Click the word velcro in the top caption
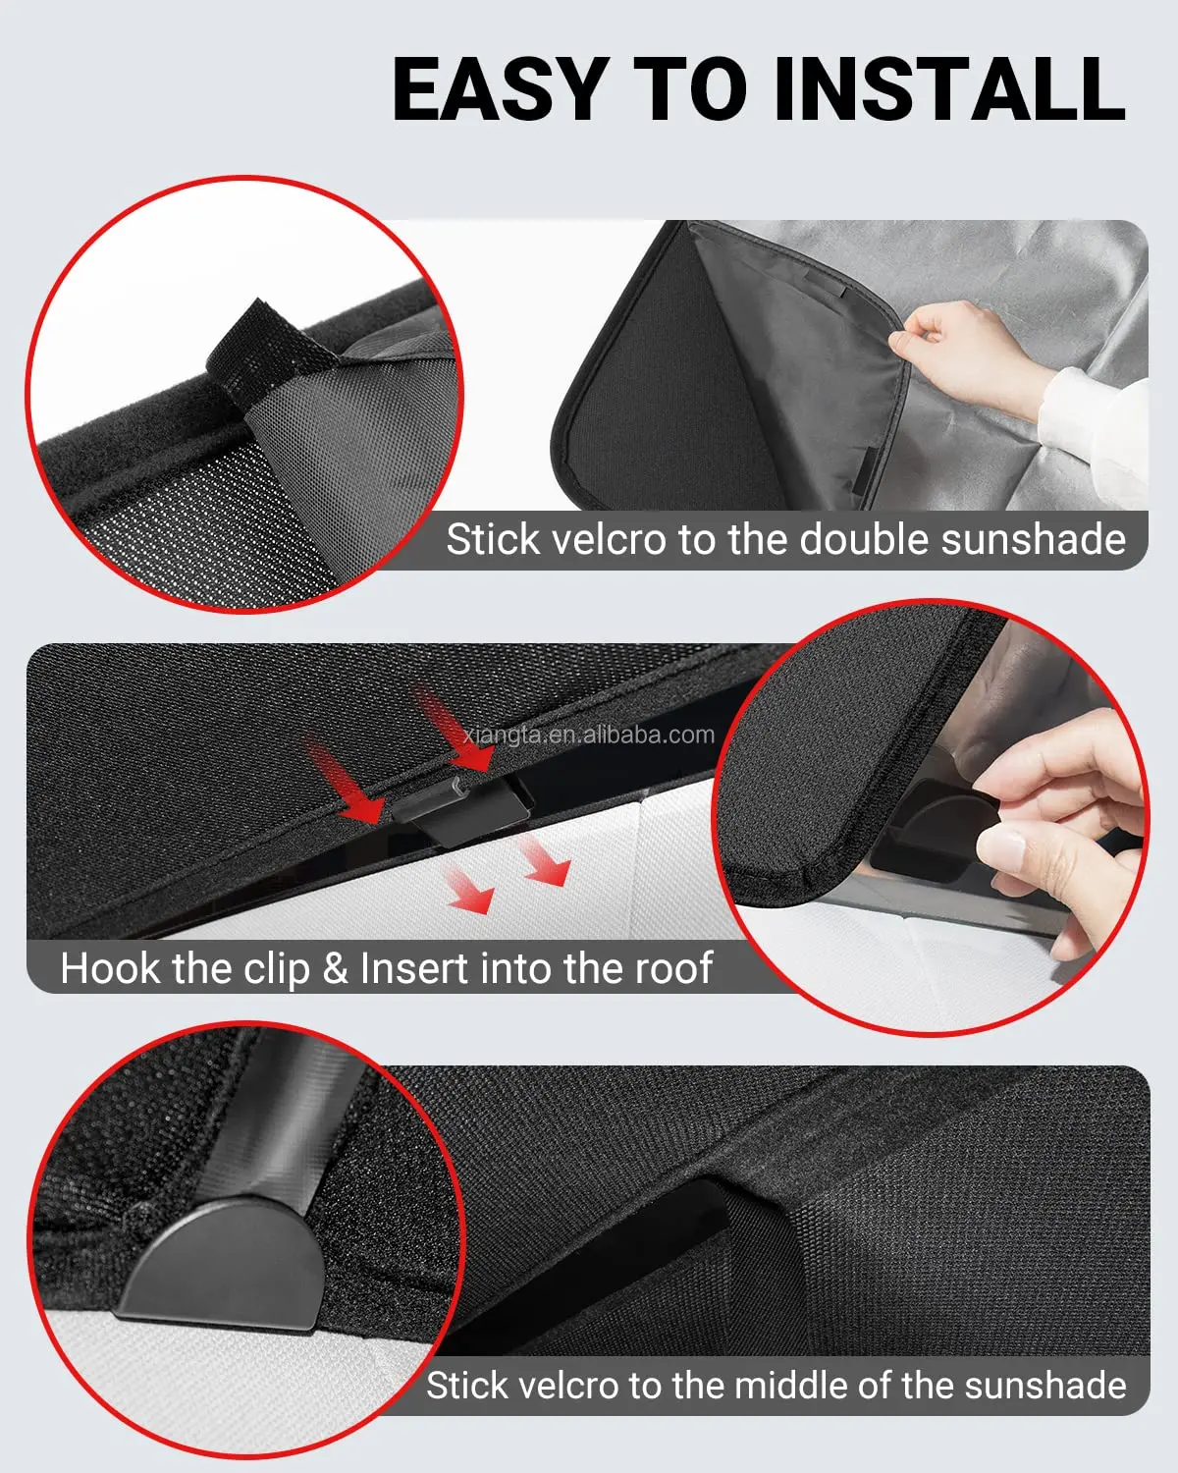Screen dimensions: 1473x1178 [610, 540]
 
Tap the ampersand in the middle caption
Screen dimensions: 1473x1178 [335, 968]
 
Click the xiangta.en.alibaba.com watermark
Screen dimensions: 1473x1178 [588, 735]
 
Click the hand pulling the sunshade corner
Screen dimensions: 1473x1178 [957, 354]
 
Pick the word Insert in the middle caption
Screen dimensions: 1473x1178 [413, 968]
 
